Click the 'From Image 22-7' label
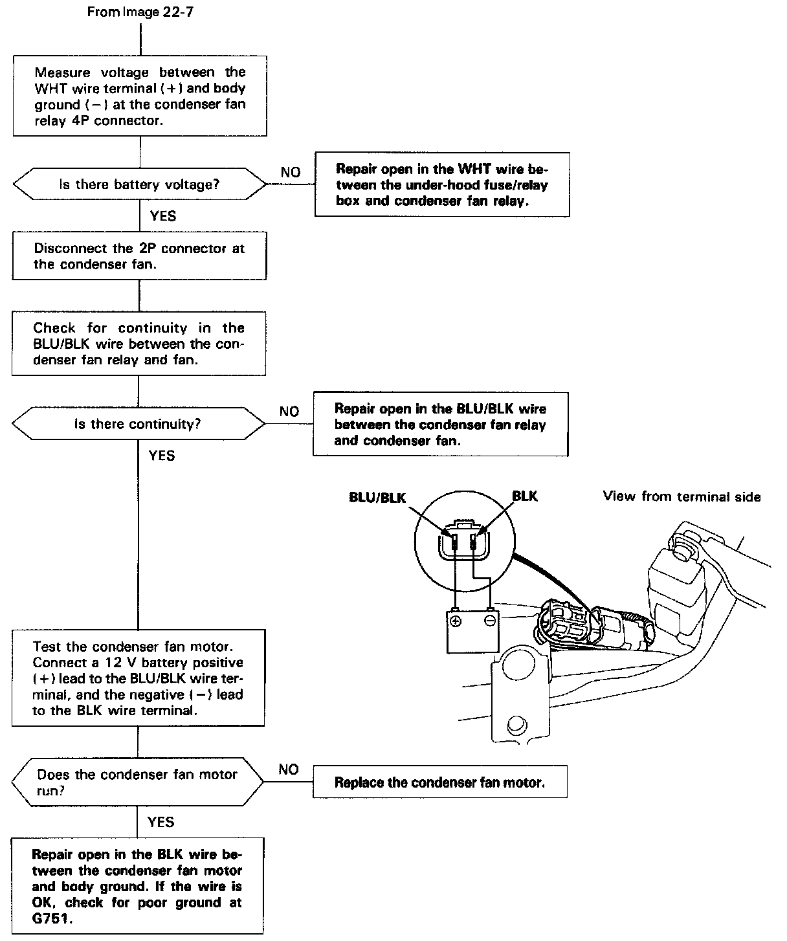(140, 13)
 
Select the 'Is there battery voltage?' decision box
(139, 184)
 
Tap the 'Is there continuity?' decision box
(138, 425)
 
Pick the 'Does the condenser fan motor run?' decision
(137, 782)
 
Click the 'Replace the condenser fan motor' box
(439, 782)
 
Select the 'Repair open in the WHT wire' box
(442, 184)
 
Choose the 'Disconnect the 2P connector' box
(139, 256)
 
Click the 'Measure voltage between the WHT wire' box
(140, 96)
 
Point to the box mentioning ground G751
(137, 886)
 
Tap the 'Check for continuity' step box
(139, 344)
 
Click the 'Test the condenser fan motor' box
(138, 678)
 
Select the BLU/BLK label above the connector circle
(377, 497)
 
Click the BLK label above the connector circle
(524, 496)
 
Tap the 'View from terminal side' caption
(682, 496)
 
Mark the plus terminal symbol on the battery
(456, 621)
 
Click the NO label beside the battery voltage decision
(291, 172)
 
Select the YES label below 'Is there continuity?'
(162, 456)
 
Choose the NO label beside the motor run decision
(289, 769)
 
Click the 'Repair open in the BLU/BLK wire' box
(440, 425)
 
